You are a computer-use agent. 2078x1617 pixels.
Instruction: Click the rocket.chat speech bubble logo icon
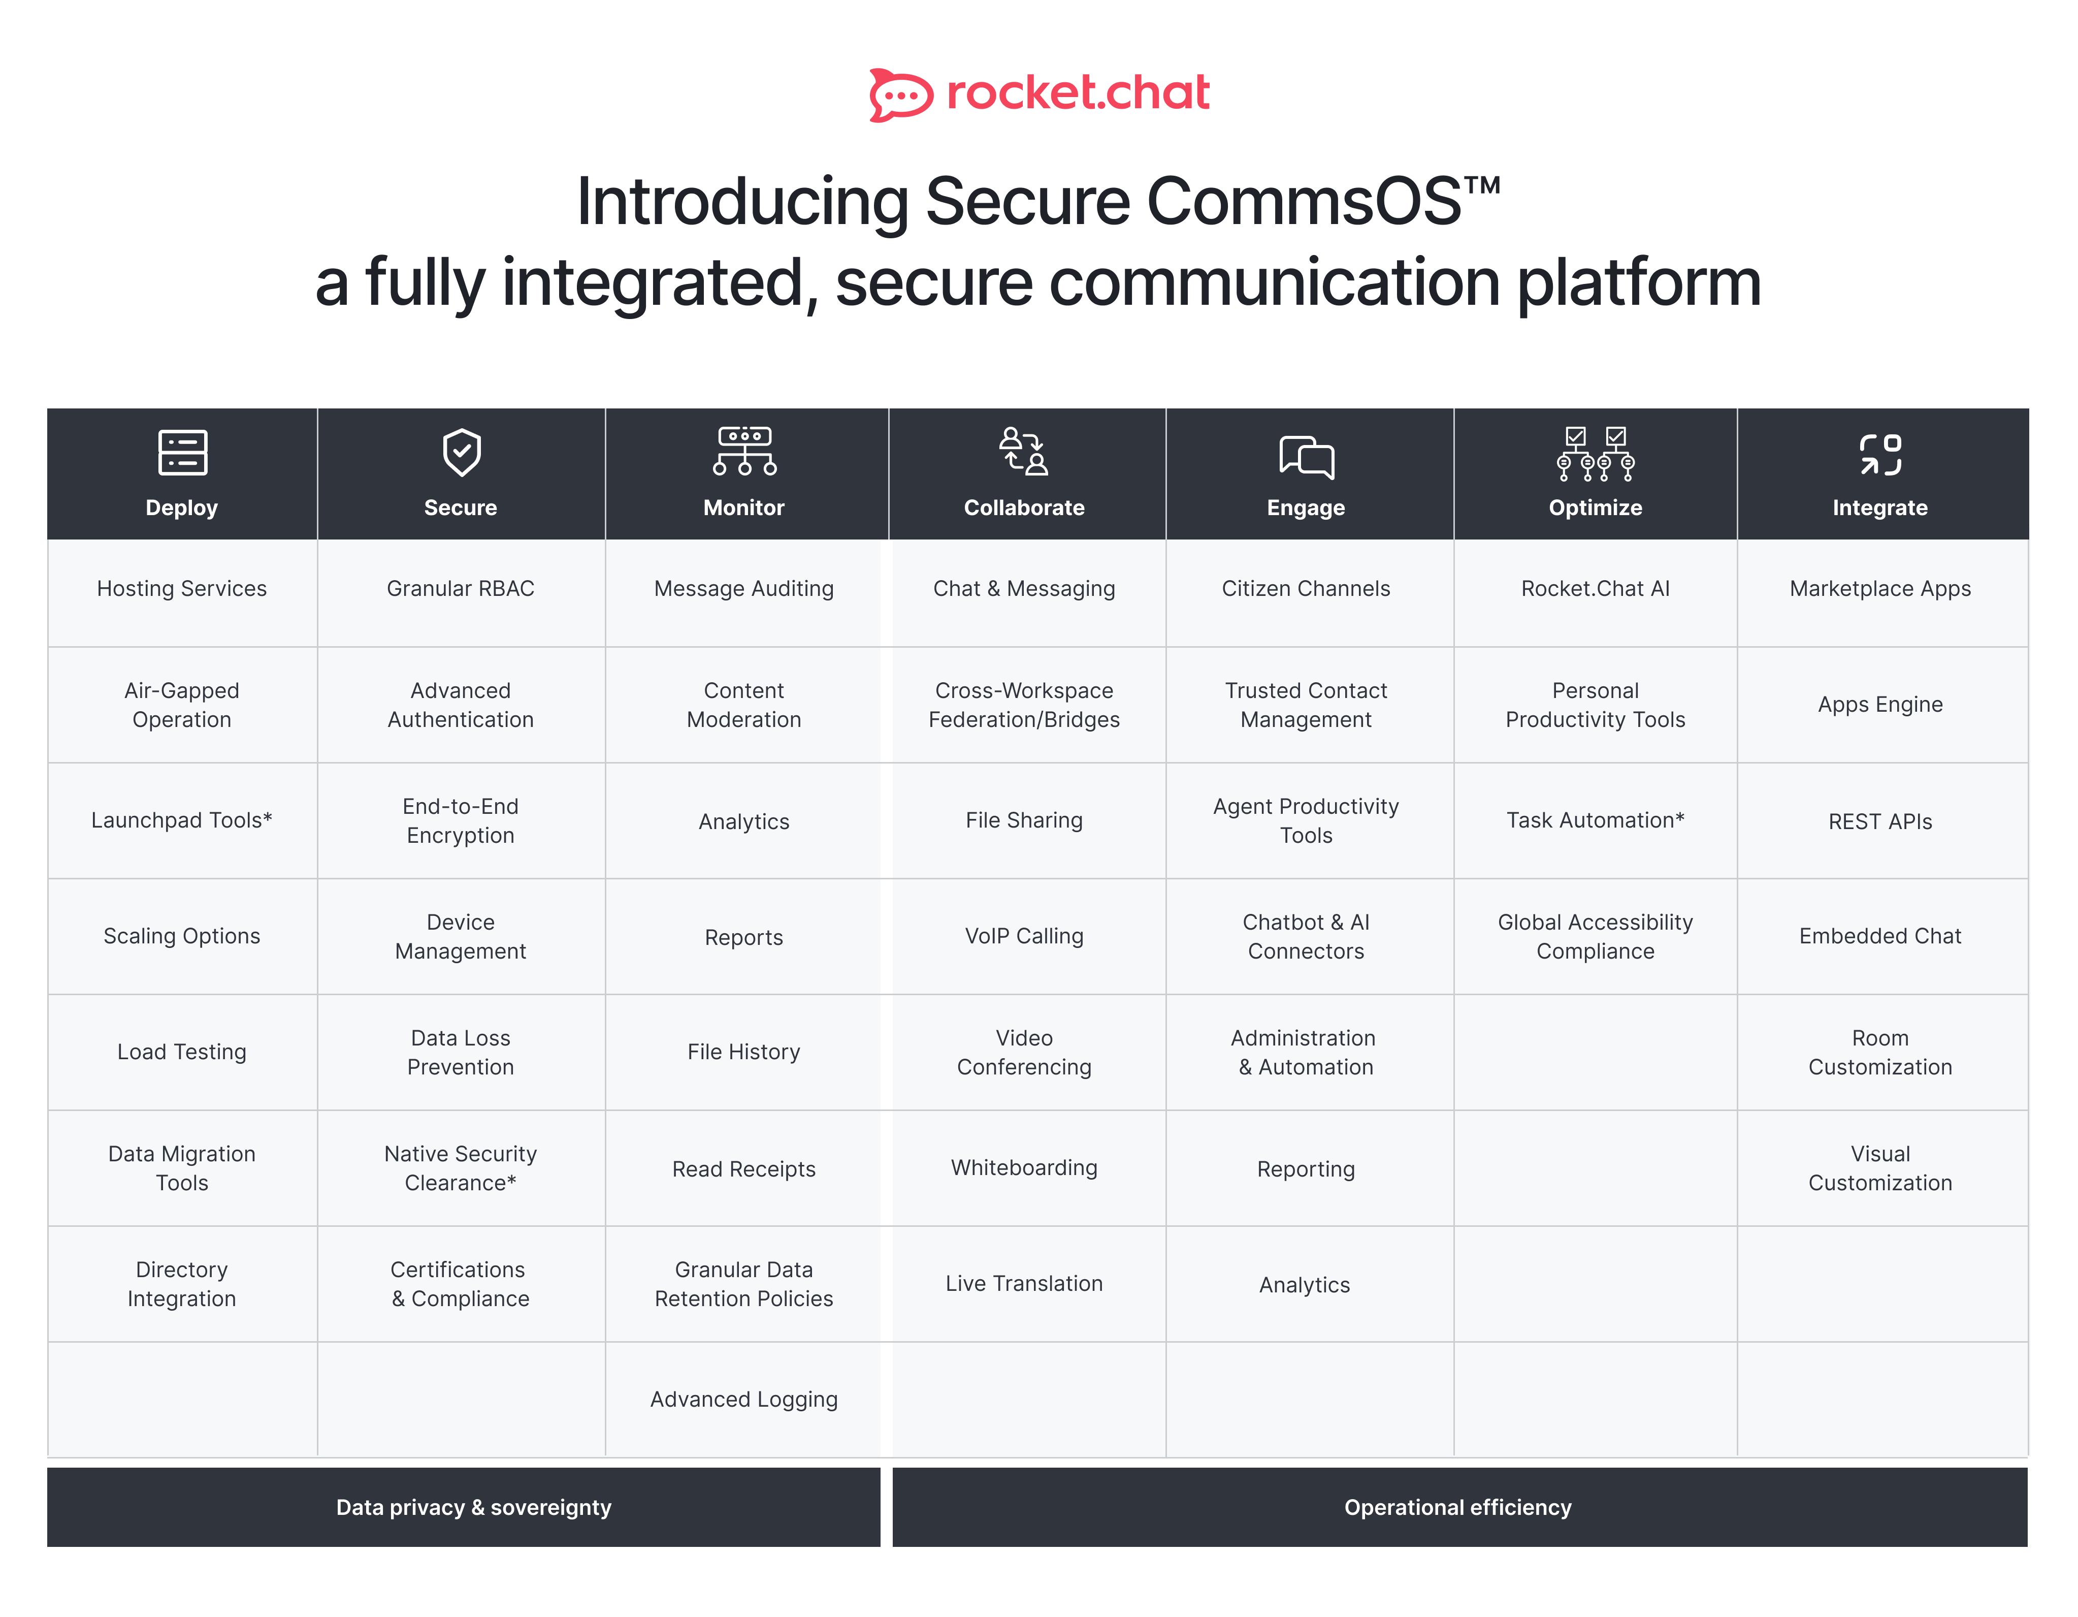pos(900,94)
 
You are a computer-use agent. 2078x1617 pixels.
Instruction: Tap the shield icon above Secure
pos(462,452)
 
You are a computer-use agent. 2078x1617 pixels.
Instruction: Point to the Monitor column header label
pos(744,508)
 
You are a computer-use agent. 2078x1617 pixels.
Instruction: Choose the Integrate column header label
pos(1880,508)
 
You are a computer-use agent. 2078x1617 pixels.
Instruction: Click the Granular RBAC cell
pos(461,588)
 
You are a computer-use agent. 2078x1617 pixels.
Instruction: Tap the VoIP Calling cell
pos(1024,936)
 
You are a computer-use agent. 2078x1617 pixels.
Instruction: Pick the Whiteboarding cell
pos(1024,1168)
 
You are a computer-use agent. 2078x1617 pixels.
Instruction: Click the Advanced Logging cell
pos(744,1399)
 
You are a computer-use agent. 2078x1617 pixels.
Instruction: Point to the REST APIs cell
pos(1880,821)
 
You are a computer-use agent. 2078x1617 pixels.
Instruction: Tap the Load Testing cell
pos(182,1052)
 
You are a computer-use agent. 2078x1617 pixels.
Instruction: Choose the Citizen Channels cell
pos(1306,588)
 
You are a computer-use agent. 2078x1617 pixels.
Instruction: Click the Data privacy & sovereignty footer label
pos(474,1508)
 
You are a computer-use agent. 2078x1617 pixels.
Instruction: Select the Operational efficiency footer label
pos(1457,1508)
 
